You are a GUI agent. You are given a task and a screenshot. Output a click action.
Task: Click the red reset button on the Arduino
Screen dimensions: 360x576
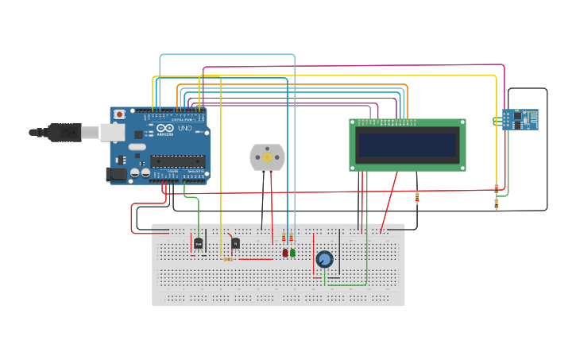coord(119,114)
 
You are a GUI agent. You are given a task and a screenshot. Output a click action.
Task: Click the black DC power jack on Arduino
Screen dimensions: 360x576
coord(117,174)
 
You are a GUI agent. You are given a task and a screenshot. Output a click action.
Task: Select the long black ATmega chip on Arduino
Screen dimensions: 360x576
coord(178,161)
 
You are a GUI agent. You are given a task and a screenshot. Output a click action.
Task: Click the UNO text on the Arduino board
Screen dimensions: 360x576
coord(184,129)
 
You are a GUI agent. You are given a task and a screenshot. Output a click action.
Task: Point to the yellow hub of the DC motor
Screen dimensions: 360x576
coord(267,157)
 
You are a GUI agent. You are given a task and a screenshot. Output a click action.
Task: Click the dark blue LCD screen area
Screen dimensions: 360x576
coord(407,145)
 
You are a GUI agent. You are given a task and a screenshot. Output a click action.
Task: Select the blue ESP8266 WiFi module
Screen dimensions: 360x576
coord(520,118)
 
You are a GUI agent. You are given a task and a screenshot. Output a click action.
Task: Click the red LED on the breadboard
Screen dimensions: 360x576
coord(285,253)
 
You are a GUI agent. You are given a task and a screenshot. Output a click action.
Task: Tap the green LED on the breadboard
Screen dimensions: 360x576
coord(292,253)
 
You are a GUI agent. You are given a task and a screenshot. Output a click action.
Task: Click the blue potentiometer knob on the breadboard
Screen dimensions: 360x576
coord(324,259)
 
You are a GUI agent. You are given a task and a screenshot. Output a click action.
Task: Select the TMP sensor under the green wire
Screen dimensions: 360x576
coord(199,244)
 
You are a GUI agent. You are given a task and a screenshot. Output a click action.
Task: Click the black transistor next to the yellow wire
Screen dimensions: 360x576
coord(235,243)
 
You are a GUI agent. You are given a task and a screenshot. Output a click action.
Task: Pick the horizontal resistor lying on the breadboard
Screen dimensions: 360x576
coord(228,259)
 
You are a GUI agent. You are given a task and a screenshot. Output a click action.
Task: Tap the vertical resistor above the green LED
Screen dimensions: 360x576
coord(292,238)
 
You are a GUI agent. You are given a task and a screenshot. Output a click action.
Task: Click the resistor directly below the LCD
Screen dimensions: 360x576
coord(417,197)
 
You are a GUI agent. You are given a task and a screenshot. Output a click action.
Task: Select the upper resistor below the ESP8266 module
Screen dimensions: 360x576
coord(497,188)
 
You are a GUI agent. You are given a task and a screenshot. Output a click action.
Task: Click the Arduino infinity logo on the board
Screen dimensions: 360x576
coord(165,129)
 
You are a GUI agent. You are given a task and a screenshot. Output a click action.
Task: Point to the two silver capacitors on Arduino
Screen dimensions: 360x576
coord(141,172)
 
